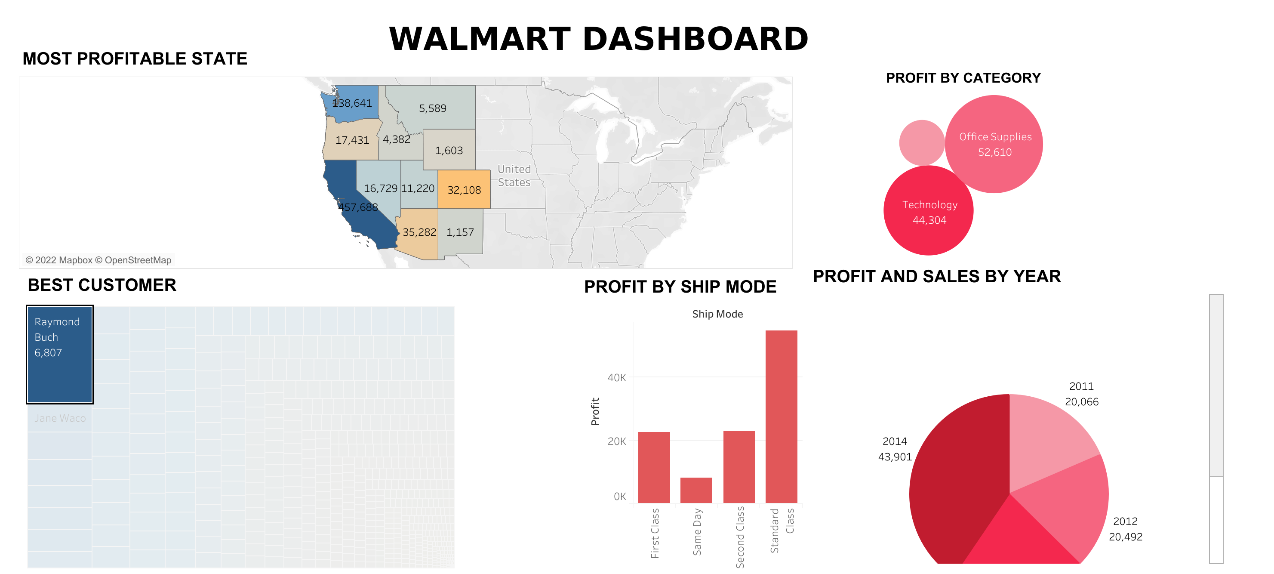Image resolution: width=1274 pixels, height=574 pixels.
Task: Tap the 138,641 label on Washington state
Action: pyautogui.click(x=352, y=103)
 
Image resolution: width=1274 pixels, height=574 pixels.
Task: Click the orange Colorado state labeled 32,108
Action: pyautogui.click(x=464, y=189)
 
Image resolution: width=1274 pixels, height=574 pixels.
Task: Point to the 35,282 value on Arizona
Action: pyautogui.click(x=419, y=232)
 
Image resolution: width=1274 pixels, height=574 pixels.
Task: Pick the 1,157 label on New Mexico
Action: pyautogui.click(x=460, y=232)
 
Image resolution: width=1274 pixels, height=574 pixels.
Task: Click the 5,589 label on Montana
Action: pyautogui.click(x=432, y=108)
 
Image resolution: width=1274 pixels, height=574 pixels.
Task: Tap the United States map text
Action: pyautogui.click(x=514, y=176)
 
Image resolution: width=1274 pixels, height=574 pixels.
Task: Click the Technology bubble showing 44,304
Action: pyautogui.click(x=929, y=212)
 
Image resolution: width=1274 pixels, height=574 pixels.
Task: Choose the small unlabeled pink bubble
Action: pyautogui.click(x=921, y=142)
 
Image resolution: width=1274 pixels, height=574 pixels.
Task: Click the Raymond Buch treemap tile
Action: pyautogui.click(x=60, y=354)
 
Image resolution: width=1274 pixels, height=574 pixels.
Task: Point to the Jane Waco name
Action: pyautogui.click(x=60, y=418)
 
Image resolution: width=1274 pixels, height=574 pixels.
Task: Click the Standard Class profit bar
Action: pyautogui.click(x=781, y=416)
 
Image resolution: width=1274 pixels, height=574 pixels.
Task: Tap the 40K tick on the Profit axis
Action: pyautogui.click(x=616, y=377)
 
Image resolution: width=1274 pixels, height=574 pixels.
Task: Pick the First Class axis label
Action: pyautogui.click(x=655, y=533)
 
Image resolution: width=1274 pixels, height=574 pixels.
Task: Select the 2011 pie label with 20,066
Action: pyautogui.click(x=1081, y=394)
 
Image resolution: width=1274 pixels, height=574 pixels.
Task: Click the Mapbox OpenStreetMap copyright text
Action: pyautogui.click(x=98, y=260)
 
